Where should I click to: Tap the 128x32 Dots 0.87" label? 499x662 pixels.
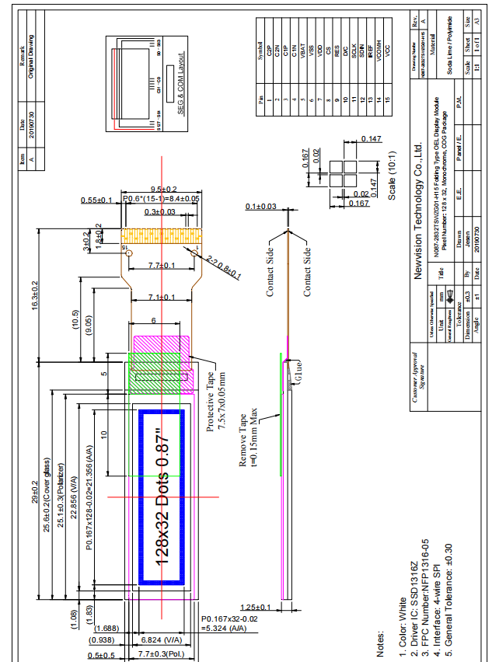(162, 497)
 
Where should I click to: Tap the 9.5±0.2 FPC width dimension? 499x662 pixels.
(162, 189)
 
